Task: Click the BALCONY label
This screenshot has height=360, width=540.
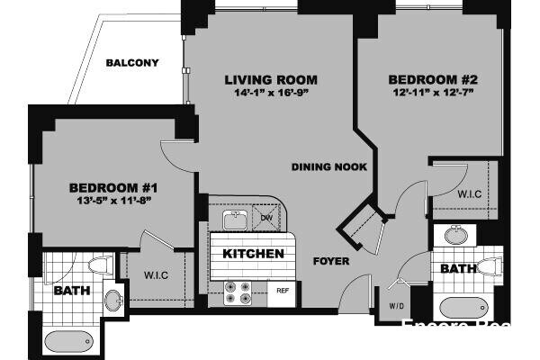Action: (132, 63)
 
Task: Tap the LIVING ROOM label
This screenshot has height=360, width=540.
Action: (271, 80)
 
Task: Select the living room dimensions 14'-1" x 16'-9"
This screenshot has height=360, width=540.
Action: (271, 94)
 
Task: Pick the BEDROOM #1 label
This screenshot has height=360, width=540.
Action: (114, 187)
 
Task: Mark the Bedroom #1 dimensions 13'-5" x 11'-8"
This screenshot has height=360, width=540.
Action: (114, 200)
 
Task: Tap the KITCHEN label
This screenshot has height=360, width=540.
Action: (254, 254)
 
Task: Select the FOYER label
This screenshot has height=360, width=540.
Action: (331, 262)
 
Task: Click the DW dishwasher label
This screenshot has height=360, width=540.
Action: (266, 219)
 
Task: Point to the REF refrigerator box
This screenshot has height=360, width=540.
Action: (282, 291)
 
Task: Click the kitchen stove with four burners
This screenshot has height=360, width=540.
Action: (238, 292)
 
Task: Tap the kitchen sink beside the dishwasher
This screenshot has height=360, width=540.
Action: (236, 219)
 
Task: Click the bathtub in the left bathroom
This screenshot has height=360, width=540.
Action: (68, 342)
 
